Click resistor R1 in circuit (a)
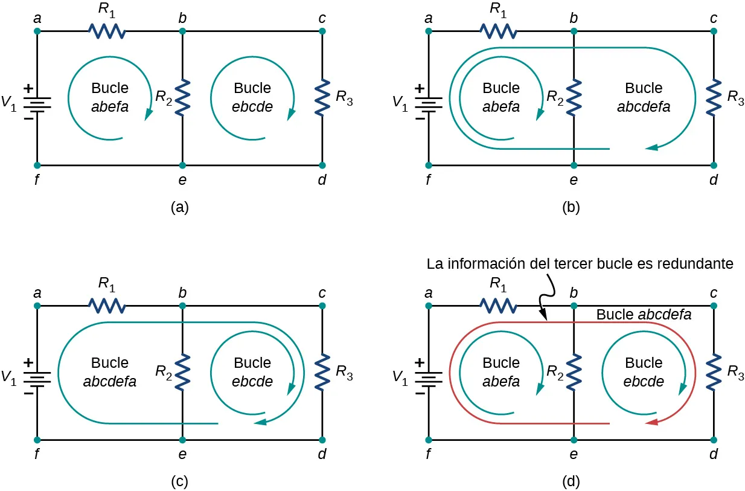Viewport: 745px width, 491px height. click(107, 31)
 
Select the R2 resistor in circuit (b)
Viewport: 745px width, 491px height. click(574, 97)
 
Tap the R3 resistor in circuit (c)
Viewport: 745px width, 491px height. click(322, 372)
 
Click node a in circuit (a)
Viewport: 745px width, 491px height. click(37, 31)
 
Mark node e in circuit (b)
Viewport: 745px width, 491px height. click(574, 165)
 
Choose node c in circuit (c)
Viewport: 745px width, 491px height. click(322, 306)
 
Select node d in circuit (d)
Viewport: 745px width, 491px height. click(714, 440)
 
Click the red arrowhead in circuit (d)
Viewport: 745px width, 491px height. click(652, 423)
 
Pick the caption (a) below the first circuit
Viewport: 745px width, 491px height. click(180, 208)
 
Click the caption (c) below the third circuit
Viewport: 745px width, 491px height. click(180, 481)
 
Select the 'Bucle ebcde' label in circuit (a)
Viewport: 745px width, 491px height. click(252, 97)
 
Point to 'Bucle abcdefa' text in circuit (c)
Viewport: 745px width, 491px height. click(110, 372)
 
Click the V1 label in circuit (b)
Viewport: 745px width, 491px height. click(400, 103)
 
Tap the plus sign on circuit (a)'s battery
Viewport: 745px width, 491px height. click(28, 88)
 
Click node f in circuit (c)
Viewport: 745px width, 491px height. click(37, 440)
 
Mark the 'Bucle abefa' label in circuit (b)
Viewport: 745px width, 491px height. click(501, 97)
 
